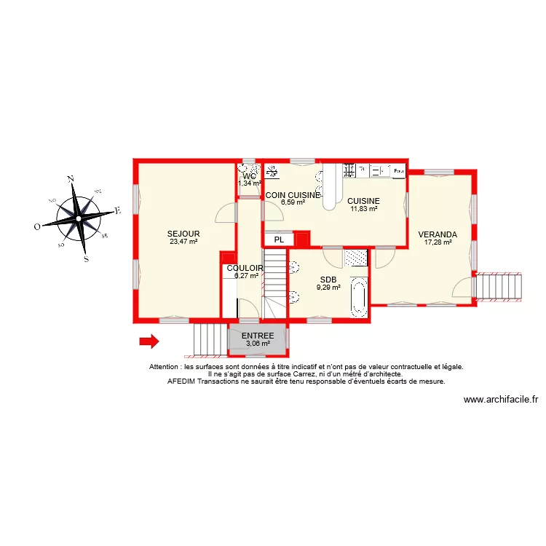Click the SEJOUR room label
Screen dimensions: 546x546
(x=183, y=234)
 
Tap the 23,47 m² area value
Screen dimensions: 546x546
(x=183, y=242)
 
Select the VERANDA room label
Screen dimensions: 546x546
(x=438, y=234)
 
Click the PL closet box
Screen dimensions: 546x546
(x=279, y=239)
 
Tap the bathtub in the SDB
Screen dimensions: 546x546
(x=358, y=297)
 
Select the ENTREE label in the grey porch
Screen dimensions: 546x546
(x=258, y=336)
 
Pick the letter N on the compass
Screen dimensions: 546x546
(x=71, y=178)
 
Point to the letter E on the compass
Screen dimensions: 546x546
(x=116, y=211)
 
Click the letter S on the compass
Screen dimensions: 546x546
(x=85, y=258)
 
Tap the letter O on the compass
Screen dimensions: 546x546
(x=37, y=226)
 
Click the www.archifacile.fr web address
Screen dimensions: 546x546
(x=500, y=399)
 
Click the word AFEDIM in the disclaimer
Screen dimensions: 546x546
(x=183, y=381)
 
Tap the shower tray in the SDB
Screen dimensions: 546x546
(x=355, y=257)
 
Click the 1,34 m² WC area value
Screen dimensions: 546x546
(x=249, y=183)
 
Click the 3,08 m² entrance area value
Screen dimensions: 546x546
(x=258, y=344)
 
